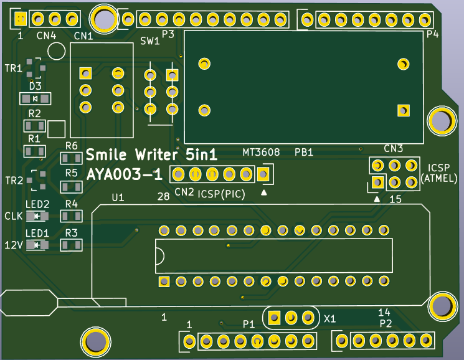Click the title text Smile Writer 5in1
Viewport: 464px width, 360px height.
click(151, 154)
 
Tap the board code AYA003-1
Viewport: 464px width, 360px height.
click(125, 174)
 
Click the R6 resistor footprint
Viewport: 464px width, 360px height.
click(71, 159)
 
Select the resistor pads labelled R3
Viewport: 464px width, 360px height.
click(71, 245)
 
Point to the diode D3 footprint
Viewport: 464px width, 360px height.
click(35, 98)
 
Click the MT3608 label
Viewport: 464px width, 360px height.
click(260, 152)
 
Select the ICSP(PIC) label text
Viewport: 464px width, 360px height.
click(221, 194)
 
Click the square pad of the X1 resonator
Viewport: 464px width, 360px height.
click(274, 318)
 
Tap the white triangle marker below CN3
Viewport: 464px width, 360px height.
click(377, 199)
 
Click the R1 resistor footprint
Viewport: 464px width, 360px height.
click(34, 151)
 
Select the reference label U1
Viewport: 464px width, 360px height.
click(118, 197)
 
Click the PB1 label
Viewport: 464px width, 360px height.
click(303, 152)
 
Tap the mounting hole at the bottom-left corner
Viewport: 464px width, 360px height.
click(95, 341)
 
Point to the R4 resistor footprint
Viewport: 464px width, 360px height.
click(71, 216)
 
